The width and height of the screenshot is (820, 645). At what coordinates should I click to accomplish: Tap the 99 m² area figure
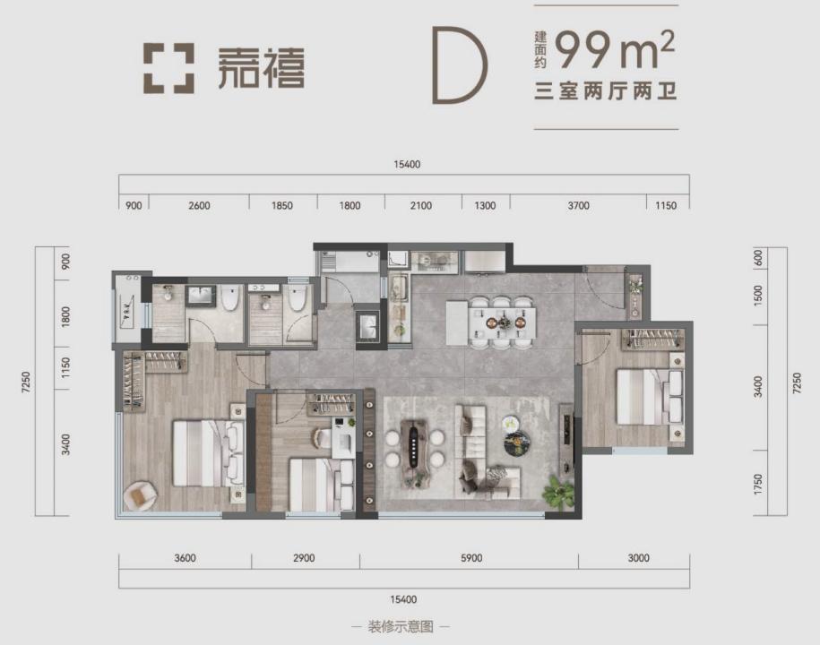point(615,48)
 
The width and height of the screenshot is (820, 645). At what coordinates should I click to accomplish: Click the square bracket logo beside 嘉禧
point(168,68)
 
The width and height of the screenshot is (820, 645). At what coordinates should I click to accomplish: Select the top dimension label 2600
point(199,205)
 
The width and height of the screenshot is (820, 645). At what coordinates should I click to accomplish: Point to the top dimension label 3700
point(578,205)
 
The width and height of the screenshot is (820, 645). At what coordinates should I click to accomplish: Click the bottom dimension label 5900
point(471,558)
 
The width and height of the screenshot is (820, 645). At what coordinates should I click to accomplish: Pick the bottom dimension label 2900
point(304,558)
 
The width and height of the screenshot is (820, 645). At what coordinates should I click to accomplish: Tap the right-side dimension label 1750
point(758,484)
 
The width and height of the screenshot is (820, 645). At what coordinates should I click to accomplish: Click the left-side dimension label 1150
point(65,367)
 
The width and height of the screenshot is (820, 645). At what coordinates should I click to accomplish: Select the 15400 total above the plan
point(407,164)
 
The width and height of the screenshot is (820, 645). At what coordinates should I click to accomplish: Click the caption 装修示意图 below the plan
point(401,626)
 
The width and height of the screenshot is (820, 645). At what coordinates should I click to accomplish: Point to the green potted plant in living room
point(558,491)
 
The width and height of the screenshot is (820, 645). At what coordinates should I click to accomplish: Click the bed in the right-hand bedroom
point(650,397)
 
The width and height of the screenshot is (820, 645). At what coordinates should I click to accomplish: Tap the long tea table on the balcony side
point(414,451)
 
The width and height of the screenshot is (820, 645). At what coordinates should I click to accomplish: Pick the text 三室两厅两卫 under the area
point(606,92)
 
